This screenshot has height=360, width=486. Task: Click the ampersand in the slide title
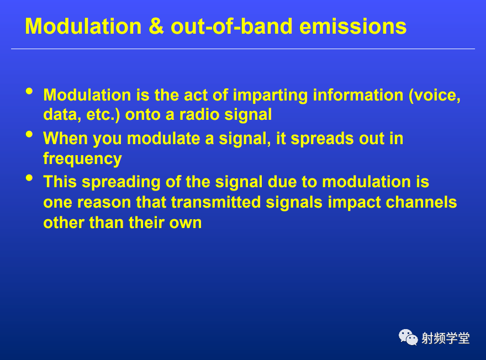point(156,27)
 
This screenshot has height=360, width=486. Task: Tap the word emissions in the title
point(353,27)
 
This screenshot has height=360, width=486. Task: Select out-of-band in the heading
point(231,27)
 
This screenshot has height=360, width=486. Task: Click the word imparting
point(270,96)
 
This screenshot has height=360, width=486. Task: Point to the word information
point(358,95)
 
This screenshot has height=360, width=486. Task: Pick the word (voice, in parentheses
point(435,96)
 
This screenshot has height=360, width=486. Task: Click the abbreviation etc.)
point(103,115)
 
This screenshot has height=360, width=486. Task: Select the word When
point(65,138)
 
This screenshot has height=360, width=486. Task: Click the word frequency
point(82,159)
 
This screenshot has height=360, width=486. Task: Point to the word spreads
point(322,139)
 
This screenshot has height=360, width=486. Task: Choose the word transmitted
point(216,202)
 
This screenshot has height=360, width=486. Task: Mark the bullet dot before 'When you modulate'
point(29,135)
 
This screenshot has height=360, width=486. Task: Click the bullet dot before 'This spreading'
point(29,178)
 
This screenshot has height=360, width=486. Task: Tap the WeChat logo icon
point(408,337)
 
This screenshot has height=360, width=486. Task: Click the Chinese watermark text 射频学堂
point(445,338)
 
